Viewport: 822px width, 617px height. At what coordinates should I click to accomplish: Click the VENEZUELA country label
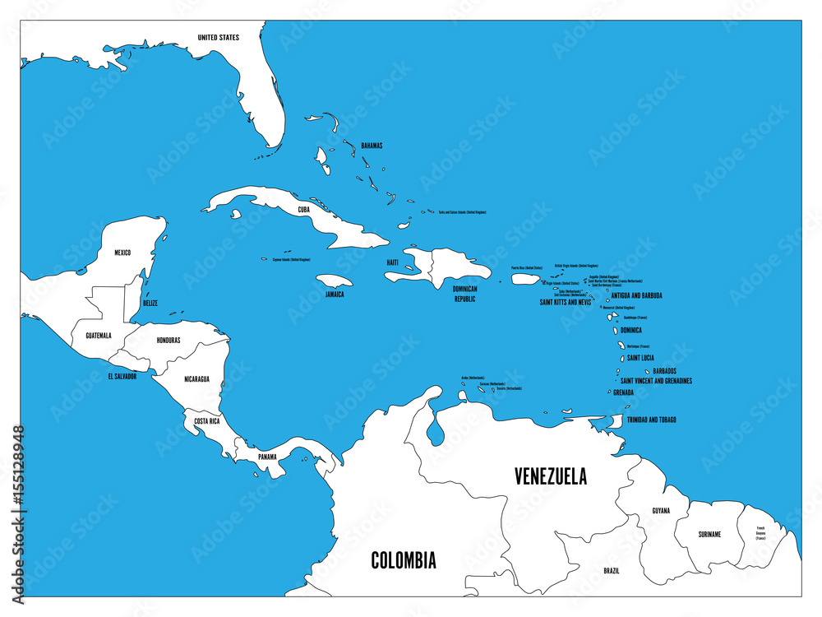(x=550, y=476)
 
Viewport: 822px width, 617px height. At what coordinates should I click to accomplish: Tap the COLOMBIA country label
(x=404, y=561)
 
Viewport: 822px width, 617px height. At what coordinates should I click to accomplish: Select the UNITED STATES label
(x=219, y=37)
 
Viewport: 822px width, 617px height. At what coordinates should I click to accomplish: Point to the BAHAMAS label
(x=371, y=146)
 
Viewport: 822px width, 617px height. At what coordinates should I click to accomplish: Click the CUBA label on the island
(x=304, y=210)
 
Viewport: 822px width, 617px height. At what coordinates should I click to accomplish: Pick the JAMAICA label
(x=335, y=294)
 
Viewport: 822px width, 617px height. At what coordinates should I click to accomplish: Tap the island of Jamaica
(x=334, y=281)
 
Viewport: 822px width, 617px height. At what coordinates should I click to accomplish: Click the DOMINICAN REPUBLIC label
(x=464, y=294)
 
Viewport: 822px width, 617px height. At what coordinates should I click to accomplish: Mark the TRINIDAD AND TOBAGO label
(x=652, y=420)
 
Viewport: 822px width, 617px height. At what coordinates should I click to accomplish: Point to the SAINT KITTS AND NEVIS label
(x=565, y=302)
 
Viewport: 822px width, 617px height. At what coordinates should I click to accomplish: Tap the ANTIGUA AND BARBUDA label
(x=637, y=295)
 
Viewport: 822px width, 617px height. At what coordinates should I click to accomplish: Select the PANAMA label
(x=267, y=457)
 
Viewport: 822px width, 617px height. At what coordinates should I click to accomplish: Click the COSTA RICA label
(x=206, y=420)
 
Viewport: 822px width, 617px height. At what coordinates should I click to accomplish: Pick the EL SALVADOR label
(x=122, y=376)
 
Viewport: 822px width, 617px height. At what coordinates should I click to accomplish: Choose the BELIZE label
(x=150, y=303)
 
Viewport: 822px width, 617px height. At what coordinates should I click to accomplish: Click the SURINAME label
(x=709, y=534)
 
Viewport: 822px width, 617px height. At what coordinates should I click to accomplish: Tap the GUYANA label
(x=661, y=511)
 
